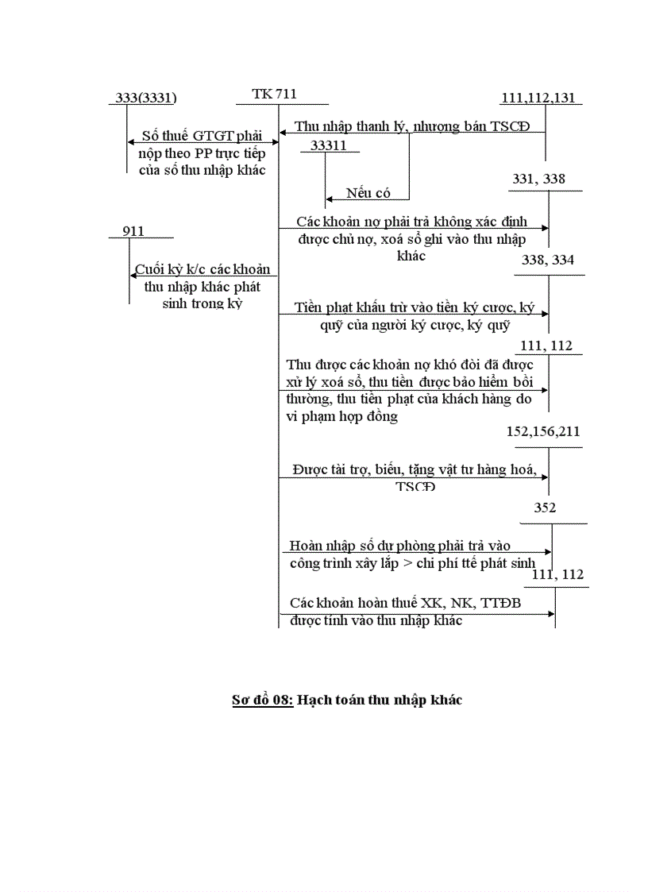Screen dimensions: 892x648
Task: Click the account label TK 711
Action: pos(274,95)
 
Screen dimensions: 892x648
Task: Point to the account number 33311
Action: pos(329,145)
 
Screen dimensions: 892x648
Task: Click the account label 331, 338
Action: pos(539,180)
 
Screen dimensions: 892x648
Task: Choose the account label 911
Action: pos(134,230)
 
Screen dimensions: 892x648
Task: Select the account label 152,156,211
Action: pos(543,431)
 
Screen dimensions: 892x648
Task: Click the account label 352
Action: pos(545,508)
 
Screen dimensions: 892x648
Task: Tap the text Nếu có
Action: pos(368,193)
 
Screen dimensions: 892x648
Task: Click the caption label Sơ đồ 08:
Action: pos(262,700)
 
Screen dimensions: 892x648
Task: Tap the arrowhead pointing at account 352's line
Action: pos(549,551)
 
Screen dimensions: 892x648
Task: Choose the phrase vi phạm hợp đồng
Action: pos(341,416)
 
